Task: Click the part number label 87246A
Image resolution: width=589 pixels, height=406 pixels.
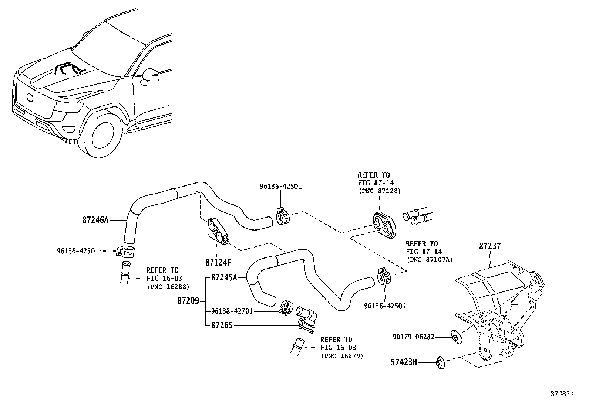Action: pos(95,220)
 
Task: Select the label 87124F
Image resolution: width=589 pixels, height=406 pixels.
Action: pos(218,263)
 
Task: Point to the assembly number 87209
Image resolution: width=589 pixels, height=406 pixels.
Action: pos(188,301)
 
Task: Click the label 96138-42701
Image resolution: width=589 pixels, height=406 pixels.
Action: pos(232,311)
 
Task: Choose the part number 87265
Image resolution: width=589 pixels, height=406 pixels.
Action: pos(222,326)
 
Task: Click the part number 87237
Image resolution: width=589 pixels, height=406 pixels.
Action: pos(490,246)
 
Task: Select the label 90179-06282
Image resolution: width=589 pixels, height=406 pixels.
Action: pos(413,337)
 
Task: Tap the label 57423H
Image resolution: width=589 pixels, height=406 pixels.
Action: pos(404,362)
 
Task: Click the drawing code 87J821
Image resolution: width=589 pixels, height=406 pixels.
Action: pos(562,394)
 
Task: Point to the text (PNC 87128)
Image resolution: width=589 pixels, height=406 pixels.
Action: pos(380,191)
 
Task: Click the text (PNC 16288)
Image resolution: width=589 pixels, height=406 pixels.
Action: pos(168,286)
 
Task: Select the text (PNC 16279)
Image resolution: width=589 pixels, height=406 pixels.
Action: pos(342,356)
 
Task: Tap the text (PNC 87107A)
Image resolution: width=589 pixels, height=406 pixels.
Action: pos(430,260)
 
